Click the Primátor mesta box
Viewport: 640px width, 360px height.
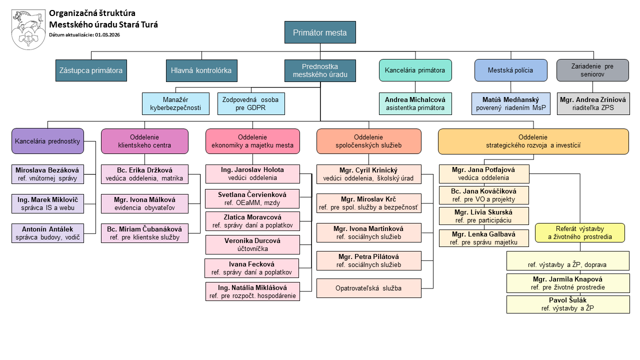point(320,32)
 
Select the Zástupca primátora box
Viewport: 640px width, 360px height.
point(91,70)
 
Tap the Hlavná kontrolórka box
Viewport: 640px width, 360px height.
point(201,70)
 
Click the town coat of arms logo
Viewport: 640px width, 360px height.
point(28,29)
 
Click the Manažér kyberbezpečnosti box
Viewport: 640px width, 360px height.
point(175,103)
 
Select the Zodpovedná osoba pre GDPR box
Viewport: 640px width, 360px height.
point(250,103)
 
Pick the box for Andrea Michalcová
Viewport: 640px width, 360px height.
point(415,103)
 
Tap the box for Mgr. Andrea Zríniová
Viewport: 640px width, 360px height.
point(593,103)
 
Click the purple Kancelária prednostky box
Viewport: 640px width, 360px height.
point(48,141)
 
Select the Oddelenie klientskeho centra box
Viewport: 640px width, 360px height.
point(144,141)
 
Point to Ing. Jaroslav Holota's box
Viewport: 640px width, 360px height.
point(252,174)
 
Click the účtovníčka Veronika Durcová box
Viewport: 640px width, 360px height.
point(252,244)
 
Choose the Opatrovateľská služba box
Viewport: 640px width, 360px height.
point(368,288)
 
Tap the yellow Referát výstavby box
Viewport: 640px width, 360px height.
point(579,233)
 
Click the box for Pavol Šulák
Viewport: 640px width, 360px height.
point(567,304)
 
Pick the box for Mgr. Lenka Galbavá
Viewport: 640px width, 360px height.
point(483,238)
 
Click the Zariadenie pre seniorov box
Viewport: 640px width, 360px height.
point(592,70)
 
